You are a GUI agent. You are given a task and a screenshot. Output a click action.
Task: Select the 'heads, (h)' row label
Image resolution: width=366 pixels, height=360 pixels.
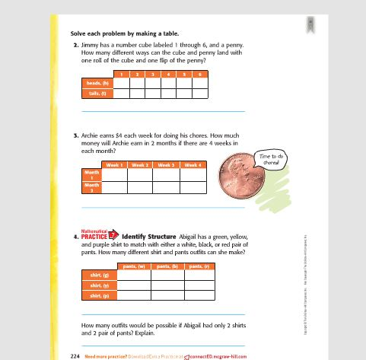[x=97, y=82]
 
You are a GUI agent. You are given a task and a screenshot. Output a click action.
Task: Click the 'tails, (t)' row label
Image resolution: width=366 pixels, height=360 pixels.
[x=97, y=94]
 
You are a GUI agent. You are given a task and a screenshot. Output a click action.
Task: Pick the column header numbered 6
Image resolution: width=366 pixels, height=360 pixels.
[x=199, y=73]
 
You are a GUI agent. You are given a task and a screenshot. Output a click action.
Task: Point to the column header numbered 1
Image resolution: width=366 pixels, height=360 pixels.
[x=121, y=73]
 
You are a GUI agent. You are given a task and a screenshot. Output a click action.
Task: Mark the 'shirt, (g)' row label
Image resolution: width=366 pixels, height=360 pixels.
[x=100, y=275]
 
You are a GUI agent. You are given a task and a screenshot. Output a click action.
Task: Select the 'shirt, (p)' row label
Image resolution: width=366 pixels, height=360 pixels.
[x=100, y=295]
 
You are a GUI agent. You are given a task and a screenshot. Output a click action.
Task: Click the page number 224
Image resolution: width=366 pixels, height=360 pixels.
[x=75, y=355]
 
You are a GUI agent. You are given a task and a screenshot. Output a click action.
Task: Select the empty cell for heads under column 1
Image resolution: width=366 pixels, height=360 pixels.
[x=121, y=82]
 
